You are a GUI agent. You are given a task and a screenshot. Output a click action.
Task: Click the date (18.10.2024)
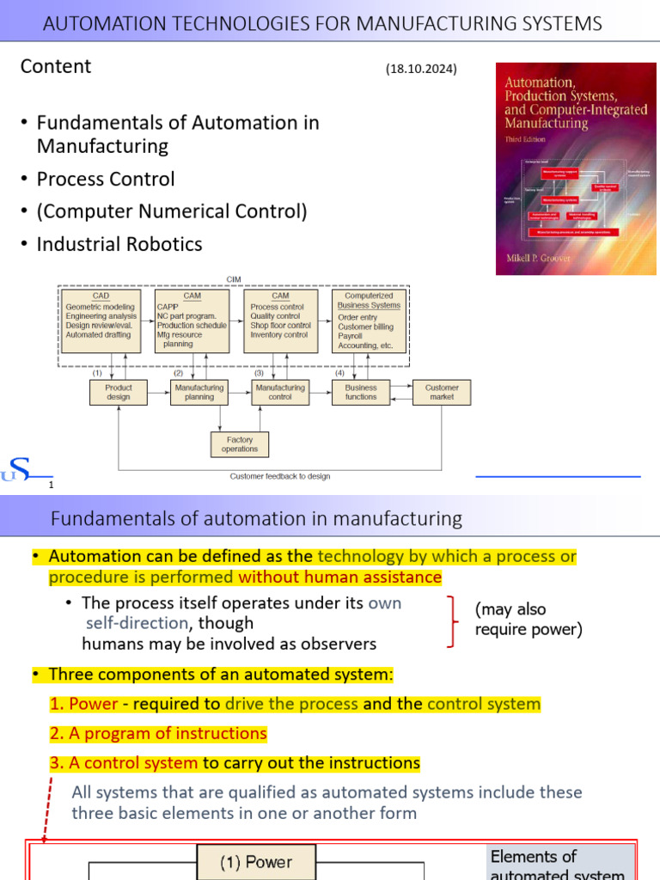coord(421,70)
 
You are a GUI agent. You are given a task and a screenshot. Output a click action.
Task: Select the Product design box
coord(119,393)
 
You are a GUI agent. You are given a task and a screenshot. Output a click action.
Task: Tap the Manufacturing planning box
coord(199,393)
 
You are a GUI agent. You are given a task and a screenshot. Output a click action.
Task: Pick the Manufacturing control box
coord(280,393)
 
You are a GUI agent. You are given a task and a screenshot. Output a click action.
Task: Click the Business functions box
coord(361,393)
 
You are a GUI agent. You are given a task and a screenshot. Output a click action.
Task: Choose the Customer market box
coord(442,393)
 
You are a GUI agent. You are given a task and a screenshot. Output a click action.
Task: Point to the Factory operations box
coord(240,444)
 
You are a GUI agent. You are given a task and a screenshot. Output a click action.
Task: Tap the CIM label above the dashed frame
coord(234,279)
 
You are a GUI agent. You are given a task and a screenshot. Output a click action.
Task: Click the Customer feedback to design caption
coord(280,476)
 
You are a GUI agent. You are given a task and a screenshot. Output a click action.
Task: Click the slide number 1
coord(51,486)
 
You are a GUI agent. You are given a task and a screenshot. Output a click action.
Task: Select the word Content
coord(56,66)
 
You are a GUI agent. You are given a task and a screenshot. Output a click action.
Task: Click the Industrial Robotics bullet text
coord(119,244)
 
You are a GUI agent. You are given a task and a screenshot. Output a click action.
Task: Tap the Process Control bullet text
coord(106,179)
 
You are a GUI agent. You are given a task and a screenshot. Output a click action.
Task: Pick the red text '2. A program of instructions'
coord(158,733)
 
